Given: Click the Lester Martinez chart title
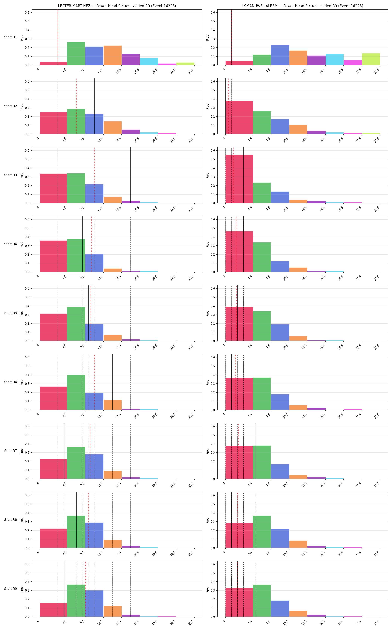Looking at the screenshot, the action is (117, 6).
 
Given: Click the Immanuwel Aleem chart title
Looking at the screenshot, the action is (303, 6).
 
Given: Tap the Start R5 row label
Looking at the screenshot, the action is (11, 313).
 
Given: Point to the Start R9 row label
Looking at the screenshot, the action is (11, 589).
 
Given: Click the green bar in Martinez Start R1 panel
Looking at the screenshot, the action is (76, 54).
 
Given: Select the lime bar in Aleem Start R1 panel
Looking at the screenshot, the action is (371, 59).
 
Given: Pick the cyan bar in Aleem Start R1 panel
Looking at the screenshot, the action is (335, 60).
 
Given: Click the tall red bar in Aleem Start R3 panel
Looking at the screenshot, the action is (239, 179).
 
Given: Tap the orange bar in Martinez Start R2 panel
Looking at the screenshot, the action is (113, 127).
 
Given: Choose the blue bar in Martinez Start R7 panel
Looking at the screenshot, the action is (94, 466).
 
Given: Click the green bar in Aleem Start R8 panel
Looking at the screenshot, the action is (262, 532).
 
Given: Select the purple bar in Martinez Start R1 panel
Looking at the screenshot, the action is (131, 60).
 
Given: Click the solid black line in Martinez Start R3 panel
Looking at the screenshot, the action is (131, 175).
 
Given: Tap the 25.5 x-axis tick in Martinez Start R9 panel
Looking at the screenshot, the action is (191, 623).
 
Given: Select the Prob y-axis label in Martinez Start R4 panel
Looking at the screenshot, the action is (22, 244).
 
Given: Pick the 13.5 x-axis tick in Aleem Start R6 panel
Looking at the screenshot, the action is (304, 416).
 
